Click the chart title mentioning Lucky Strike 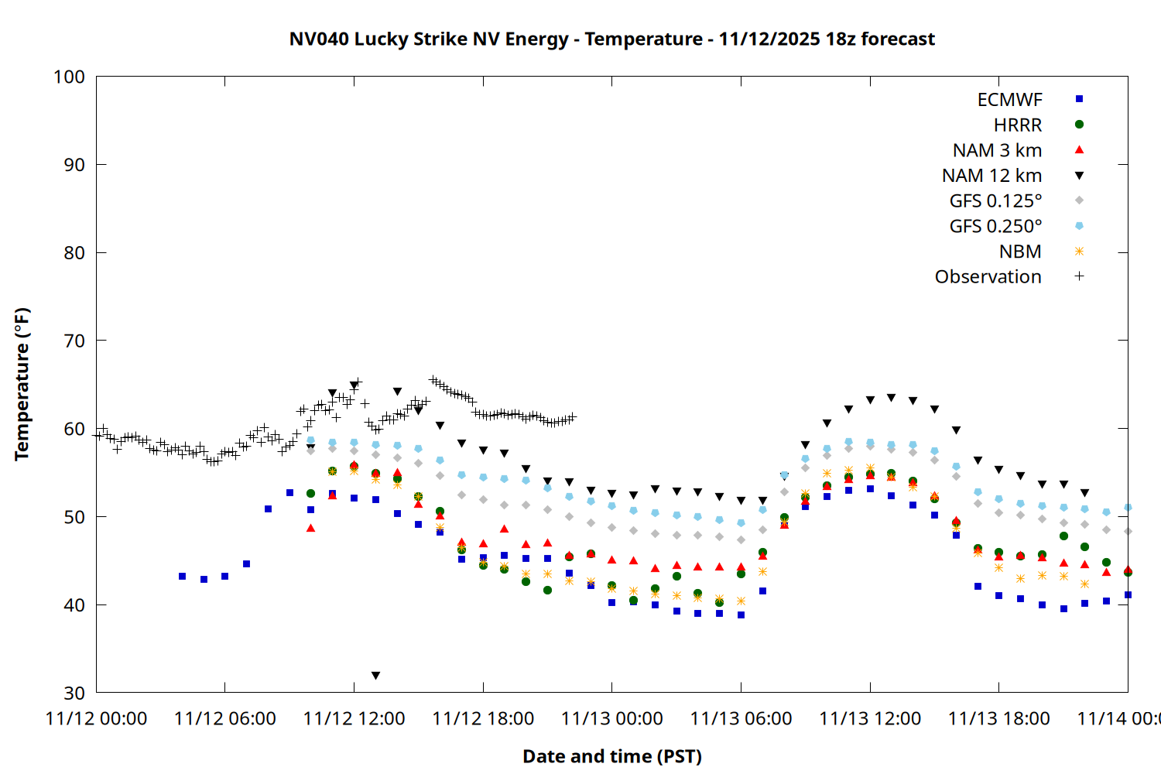click(611, 39)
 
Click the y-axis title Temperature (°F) click(22, 384)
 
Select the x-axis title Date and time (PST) click(611, 756)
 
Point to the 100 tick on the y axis click(69, 77)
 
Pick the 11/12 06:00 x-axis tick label click(225, 718)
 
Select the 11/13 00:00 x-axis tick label click(612, 718)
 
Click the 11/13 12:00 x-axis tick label click(870, 718)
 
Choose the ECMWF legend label click(1009, 100)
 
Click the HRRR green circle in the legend click(1079, 125)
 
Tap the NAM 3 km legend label click(997, 150)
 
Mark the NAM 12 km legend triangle click(1079, 176)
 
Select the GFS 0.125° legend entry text click(995, 201)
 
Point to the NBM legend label click(1020, 252)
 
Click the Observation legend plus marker click(1079, 276)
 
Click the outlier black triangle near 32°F click(375, 676)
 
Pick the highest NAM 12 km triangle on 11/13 click(891, 398)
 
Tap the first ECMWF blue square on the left click(182, 577)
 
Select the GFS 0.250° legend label click(995, 226)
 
